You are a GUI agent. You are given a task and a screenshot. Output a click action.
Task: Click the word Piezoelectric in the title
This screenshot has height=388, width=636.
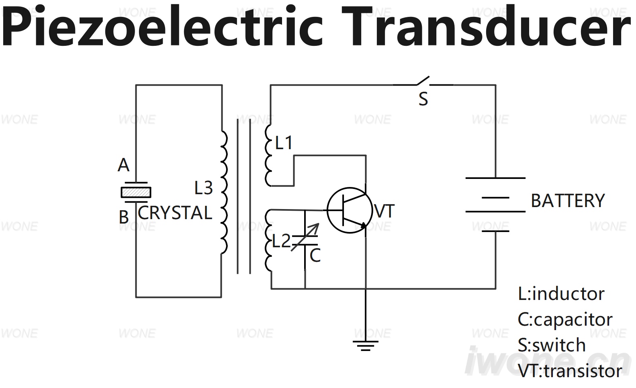click(162, 26)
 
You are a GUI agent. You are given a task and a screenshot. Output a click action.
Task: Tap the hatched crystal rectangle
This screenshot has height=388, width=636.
click(136, 192)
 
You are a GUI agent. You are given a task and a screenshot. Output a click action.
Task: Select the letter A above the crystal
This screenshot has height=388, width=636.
click(123, 165)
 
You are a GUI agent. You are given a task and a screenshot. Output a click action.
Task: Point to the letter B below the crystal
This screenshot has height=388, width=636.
click(124, 217)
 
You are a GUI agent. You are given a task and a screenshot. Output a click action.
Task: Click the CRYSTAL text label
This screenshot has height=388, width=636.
click(175, 213)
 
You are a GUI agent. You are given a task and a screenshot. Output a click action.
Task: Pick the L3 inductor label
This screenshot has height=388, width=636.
click(204, 188)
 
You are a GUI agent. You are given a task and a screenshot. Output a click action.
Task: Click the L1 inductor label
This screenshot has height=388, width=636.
click(284, 143)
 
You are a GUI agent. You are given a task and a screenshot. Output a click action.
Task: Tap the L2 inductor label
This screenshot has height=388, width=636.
click(281, 241)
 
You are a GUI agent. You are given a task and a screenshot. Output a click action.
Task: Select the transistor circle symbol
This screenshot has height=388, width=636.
click(350, 210)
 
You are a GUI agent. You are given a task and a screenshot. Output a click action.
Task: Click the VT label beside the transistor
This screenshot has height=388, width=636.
click(384, 211)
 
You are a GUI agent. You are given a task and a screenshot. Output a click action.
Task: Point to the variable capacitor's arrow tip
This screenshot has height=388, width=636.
click(319, 224)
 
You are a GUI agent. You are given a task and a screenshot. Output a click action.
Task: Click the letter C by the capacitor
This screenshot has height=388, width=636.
click(315, 256)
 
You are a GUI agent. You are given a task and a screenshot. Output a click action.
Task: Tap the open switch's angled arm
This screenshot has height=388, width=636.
click(423, 80)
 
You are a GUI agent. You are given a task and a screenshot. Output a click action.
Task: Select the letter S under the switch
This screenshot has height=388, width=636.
click(423, 99)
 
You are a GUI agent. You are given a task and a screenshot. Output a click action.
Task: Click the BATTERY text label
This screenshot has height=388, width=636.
click(568, 201)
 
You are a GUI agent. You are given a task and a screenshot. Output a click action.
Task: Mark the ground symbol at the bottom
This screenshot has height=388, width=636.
click(366, 345)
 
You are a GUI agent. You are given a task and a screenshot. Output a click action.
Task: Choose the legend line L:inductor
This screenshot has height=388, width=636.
click(561, 294)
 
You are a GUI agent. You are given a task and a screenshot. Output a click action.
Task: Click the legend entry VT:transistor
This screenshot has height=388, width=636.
click(570, 371)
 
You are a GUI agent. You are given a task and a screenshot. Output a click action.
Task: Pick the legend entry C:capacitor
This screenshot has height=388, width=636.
click(565, 320)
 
